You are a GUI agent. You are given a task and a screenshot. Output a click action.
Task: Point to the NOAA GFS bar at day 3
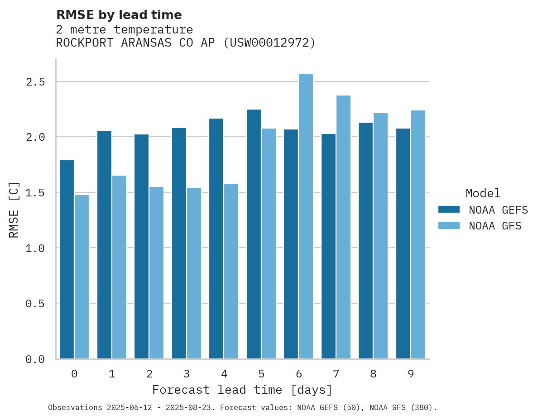(194, 273)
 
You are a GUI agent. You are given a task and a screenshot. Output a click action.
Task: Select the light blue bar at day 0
(82, 277)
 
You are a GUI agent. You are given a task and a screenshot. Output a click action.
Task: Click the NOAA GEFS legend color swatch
(449, 210)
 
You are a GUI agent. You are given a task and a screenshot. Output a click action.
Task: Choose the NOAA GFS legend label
(495, 226)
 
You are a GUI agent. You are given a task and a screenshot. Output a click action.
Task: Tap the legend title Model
(483, 193)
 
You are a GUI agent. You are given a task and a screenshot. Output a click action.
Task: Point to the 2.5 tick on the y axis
(35, 82)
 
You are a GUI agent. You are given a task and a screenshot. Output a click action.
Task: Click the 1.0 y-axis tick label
(35, 248)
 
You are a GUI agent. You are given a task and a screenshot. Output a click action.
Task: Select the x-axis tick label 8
(373, 374)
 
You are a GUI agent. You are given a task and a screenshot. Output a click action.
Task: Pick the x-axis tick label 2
(149, 374)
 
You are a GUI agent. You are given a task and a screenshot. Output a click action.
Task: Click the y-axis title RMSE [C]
(14, 210)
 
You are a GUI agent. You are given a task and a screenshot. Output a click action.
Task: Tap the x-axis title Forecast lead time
(242, 390)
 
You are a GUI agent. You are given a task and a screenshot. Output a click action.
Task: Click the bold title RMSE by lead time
(119, 15)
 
